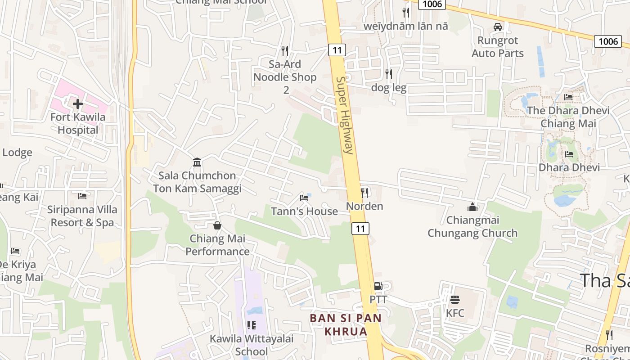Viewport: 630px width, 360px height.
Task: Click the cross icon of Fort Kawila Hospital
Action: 78,104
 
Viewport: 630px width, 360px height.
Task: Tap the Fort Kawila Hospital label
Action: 78,124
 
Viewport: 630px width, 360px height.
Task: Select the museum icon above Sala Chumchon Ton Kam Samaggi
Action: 197,162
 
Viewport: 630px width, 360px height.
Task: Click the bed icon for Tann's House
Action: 305,198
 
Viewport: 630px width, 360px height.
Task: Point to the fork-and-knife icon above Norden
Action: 364,193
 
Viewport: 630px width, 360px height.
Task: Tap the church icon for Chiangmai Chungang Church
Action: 472,207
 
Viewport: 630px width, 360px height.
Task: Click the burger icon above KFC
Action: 455,299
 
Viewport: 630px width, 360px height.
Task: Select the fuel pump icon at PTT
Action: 378,286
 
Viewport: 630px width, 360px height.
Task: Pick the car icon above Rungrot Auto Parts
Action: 498,27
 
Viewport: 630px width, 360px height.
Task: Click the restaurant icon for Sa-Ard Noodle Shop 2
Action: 284,50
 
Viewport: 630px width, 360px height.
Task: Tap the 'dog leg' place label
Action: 389,88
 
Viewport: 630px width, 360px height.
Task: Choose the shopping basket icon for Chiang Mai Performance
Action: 217,225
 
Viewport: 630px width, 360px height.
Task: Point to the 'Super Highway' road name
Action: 345,115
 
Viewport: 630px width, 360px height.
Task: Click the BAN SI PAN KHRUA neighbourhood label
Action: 345,325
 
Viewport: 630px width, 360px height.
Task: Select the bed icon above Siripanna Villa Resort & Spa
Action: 82,196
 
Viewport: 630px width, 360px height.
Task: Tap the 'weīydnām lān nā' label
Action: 406,26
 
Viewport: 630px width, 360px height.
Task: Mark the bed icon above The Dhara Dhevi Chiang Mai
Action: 568,97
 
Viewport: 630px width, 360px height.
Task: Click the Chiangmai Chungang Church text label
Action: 472,227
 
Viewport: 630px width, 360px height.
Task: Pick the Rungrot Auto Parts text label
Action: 498,47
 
